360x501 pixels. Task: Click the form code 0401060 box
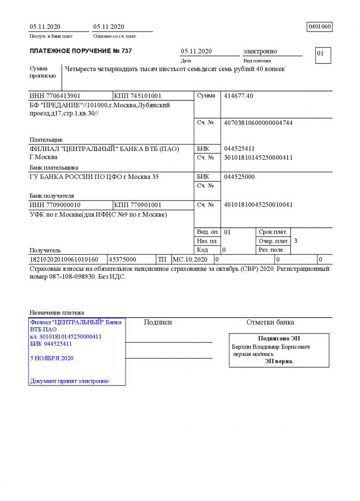(320, 27)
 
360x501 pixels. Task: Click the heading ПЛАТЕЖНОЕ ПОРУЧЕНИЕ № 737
(81, 51)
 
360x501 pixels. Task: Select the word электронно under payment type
(260, 51)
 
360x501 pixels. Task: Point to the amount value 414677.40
(238, 96)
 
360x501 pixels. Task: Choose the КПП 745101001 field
(137, 96)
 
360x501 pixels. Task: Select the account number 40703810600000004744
(258, 123)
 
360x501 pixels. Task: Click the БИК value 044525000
(239, 177)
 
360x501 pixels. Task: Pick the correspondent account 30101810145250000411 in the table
(258, 158)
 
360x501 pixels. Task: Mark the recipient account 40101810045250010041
(258, 205)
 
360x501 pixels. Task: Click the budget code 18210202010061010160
(64, 259)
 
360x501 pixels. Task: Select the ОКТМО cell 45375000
(123, 259)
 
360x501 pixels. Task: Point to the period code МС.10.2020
(190, 259)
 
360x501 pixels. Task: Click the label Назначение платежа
(57, 313)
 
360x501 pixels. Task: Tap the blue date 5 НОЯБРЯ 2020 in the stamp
(52, 358)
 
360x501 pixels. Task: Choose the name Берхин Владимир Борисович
(271, 347)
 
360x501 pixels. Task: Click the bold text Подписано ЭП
(279, 339)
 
